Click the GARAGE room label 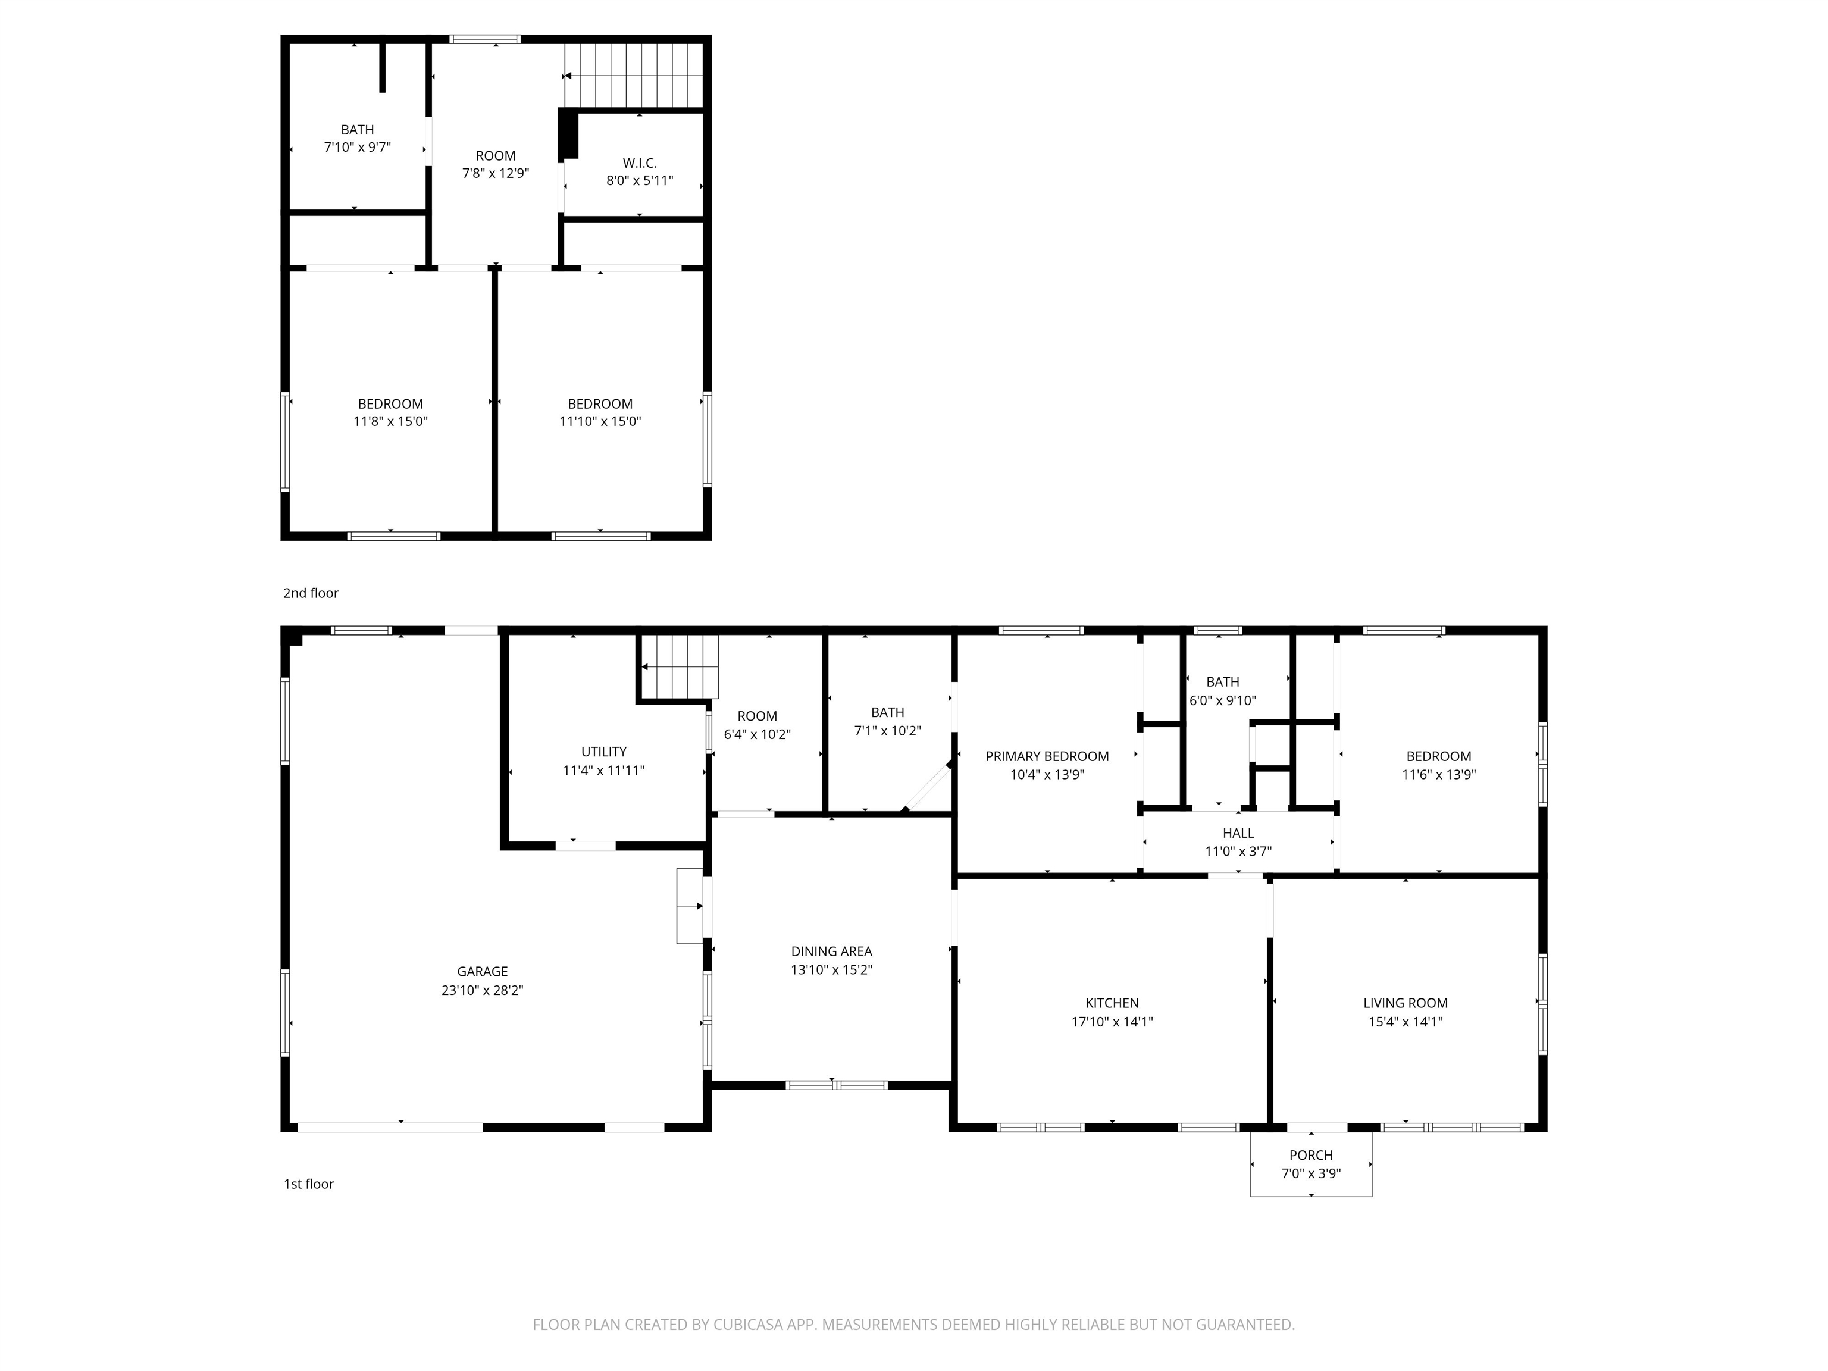coord(483,972)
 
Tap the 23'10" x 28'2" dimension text coord(483,990)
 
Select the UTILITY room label coord(604,752)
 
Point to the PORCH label coord(1311,1156)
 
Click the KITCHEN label coord(1112,1003)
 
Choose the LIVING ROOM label coord(1406,1003)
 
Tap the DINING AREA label coord(831,952)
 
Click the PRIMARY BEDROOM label coord(1047,756)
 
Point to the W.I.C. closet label coord(640,164)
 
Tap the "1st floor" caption coord(309,1184)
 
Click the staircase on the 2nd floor coord(634,75)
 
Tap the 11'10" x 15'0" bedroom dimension coord(600,421)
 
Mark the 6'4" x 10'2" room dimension coord(757,735)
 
